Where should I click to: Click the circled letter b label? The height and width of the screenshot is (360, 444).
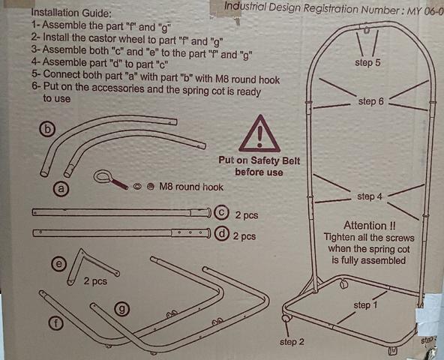(47, 129)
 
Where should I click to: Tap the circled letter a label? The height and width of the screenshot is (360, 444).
(61, 188)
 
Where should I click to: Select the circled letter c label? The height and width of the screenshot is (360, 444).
(222, 213)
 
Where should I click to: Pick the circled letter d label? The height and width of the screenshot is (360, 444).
(222, 234)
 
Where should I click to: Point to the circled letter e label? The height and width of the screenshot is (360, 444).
(59, 264)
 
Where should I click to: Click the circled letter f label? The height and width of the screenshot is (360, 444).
(55, 323)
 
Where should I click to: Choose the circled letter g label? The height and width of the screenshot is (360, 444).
(122, 309)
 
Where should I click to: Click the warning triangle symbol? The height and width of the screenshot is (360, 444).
(259, 133)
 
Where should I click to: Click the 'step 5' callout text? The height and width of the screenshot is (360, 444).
(367, 62)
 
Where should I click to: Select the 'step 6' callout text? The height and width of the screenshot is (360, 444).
(371, 101)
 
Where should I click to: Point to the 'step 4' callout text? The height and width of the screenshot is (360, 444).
(370, 196)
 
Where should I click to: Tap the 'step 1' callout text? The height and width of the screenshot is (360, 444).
(365, 305)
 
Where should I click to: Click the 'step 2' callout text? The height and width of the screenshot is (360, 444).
(292, 341)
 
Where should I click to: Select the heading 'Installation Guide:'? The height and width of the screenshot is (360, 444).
(71, 13)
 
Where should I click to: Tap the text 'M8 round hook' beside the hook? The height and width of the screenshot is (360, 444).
(191, 187)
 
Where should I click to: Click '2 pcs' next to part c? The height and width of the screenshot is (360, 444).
(247, 215)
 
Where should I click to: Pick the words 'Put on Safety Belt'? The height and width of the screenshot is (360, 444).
(259, 160)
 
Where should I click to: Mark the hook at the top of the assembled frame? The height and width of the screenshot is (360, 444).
(366, 30)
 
